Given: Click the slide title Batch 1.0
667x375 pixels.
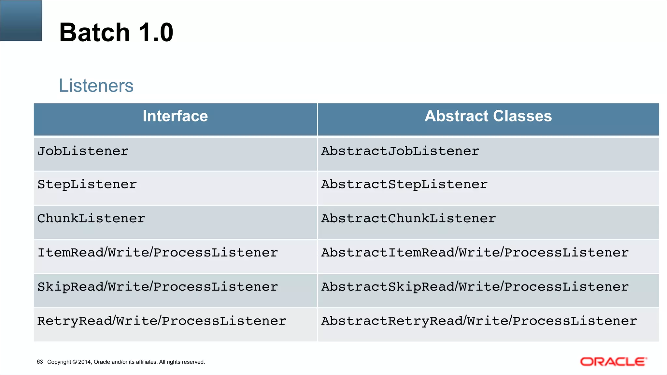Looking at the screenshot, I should [x=116, y=33].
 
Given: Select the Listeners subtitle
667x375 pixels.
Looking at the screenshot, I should [x=96, y=86].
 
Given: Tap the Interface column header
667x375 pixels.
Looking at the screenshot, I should [x=175, y=116].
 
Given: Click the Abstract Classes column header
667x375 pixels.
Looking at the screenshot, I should [x=488, y=116].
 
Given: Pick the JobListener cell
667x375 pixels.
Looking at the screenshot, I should [x=83, y=151].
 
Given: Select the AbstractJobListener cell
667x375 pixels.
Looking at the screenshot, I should [x=400, y=151].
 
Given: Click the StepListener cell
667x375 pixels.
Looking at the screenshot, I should [x=87, y=185].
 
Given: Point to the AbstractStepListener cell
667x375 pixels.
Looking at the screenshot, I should [x=404, y=185].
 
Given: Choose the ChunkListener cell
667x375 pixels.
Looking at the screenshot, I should [x=91, y=218].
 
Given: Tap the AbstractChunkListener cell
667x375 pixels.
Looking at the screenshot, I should [x=409, y=218].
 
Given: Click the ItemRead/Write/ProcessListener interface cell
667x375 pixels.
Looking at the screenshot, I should [x=158, y=253].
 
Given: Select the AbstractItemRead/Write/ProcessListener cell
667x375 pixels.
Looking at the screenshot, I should [x=475, y=253].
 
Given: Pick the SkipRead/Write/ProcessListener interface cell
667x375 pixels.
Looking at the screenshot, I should [x=158, y=287].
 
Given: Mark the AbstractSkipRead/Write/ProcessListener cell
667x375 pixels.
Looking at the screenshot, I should [x=475, y=287].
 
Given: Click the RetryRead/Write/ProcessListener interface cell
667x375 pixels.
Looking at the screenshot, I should [x=162, y=321].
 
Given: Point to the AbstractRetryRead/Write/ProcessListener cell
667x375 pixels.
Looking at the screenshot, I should [x=479, y=321].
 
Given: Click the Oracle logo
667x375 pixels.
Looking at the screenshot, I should [x=613, y=362].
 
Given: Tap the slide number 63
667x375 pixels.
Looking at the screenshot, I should [x=40, y=362].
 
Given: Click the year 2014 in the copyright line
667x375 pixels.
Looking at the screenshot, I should [x=84, y=362].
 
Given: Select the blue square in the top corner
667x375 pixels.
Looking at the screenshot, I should [x=21, y=20].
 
